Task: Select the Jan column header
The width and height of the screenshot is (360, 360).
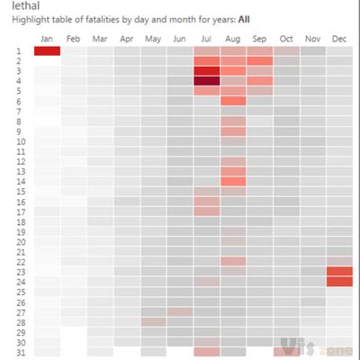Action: coord(47,39)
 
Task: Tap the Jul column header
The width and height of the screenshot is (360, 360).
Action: coord(206,39)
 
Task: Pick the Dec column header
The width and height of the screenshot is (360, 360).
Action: coord(339,39)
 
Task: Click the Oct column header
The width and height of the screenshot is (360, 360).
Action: coord(286,39)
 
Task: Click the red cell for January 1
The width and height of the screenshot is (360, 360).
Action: coord(47,51)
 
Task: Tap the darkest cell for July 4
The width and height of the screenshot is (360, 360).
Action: coord(206,81)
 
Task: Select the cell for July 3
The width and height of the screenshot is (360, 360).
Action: coord(206,71)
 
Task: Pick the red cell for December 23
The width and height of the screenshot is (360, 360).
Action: coord(339,272)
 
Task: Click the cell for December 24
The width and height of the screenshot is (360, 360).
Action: coord(339,282)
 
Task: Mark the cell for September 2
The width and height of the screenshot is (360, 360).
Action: coord(259,61)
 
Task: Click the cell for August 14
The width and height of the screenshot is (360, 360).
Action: coord(233,181)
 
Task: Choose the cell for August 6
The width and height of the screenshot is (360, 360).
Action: coord(233,101)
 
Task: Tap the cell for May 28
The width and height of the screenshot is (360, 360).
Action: coord(153,321)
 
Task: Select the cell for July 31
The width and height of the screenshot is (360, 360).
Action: coord(206,352)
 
